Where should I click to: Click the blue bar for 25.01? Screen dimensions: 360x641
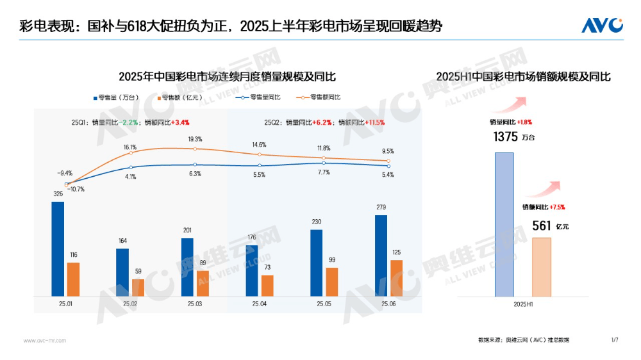click(x=58, y=249)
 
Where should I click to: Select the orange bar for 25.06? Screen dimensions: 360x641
click(x=396, y=278)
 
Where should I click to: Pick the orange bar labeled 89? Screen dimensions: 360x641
click(x=203, y=283)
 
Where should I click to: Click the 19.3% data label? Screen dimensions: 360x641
click(x=196, y=139)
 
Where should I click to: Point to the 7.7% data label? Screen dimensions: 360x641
click(x=324, y=172)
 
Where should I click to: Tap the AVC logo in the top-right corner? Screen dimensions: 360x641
click(x=602, y=25)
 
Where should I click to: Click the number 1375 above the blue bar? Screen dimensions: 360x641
click(x=505, y=136)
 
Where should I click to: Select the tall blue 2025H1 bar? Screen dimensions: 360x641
click(x=504, y=224)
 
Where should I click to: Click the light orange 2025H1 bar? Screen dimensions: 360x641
click(x=542, y=267)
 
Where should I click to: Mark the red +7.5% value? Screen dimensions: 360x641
click(x=558, y=207)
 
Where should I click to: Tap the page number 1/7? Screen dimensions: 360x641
click(x=615, y=340)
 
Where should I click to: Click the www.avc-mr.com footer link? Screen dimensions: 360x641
click(x=44, y=340)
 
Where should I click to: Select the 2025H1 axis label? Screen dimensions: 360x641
click(x=523, y=304)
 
